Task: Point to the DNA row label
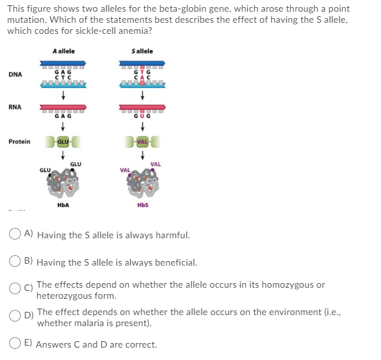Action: point(16,74)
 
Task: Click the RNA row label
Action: point(15,107)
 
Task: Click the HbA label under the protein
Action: point(63,205)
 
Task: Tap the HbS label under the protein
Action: point(142,205)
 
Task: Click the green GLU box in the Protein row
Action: point(63,142)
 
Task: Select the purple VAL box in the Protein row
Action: point(142,142)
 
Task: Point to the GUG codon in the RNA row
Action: point(142,116)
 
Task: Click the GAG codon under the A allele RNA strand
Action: point(63,116)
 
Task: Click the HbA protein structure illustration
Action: point(63,182)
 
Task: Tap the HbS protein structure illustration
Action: point(142,182)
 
